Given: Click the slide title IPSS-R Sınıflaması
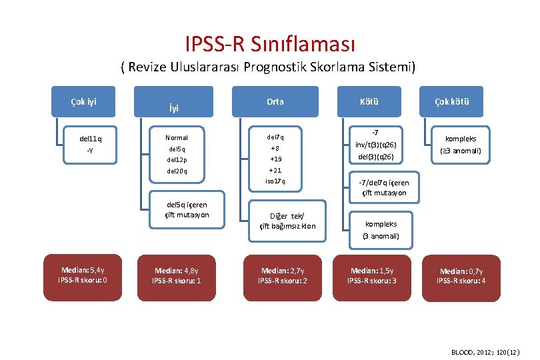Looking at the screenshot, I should (x=270, y=44).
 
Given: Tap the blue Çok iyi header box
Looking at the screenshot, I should (x=83, y=101).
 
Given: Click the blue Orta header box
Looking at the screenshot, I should (x=275, y=101).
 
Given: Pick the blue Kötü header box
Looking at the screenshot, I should (x=369, y=101).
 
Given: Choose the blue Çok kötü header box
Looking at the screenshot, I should (x=452, y=101).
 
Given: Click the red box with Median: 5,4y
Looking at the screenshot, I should (x=83, y=275).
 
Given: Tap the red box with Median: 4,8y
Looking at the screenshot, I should (x=177, y=275).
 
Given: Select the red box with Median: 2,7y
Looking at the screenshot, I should (x=283, y=275).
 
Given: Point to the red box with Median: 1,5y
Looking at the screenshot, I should (x=371, y=275).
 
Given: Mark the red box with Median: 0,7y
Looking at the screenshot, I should (x=461, y=276).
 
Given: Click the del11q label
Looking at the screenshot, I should (x=90, y=139).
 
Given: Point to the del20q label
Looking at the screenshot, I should (x=177, y=171).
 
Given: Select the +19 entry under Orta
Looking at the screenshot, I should (x=275, y=159).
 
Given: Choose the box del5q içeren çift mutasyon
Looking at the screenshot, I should (x=187, y=210).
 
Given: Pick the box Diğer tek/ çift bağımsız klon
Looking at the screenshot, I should (x=287, y=221).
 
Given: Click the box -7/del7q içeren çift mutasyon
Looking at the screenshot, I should (x=384, y=187).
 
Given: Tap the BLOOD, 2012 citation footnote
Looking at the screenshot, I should (x=484, y=351).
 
